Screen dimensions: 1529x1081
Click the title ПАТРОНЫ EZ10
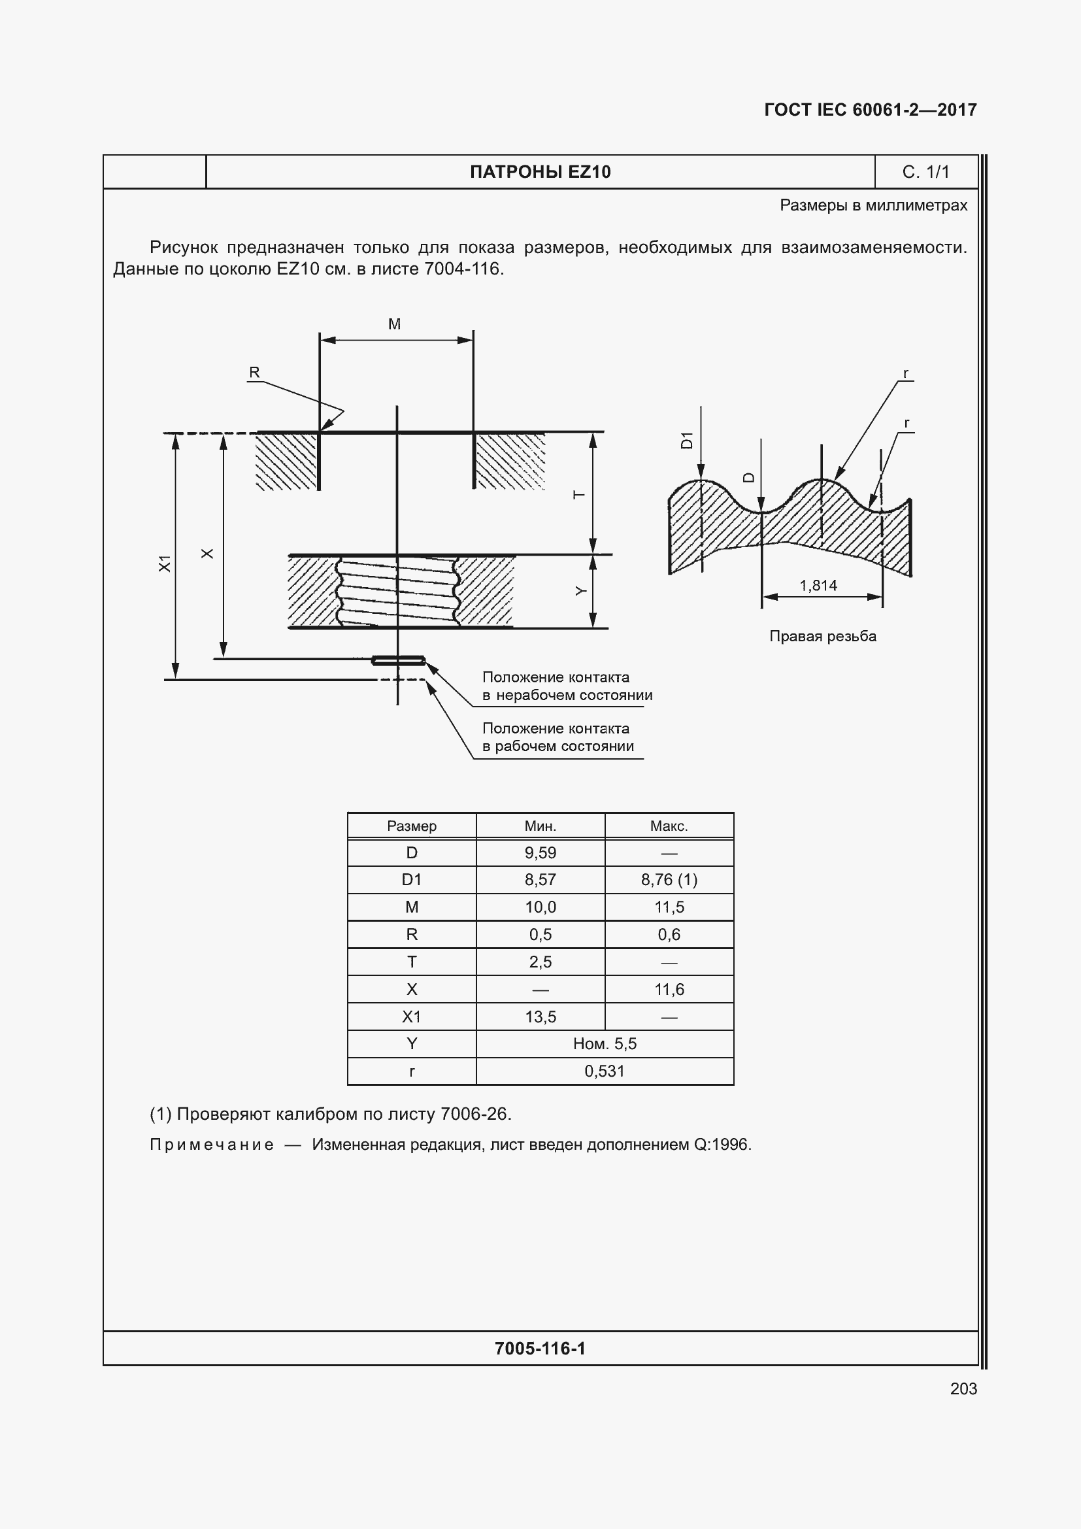(x=540, y=172)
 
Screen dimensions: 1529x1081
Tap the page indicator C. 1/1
(x=925, y=172)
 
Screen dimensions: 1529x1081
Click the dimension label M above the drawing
(x=394, y=324)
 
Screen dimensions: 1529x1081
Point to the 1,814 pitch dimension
(x=818, y=585)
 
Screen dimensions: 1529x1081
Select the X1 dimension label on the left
(x=165, y=563)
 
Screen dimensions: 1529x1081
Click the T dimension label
(x=579, y=495)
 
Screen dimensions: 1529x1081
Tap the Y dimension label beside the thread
(x=580, y=592)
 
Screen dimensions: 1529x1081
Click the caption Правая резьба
(x=822, y=636)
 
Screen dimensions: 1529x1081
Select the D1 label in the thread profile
(x=686, y=440)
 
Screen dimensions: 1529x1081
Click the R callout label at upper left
(x=254, y=372)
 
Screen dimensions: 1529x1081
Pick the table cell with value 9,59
(x=540, y=852)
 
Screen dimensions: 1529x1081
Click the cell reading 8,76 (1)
(x=669, y=880)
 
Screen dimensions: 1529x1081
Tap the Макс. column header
(x=669, y=826)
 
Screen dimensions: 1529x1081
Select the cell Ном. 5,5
(x=605, y=1043)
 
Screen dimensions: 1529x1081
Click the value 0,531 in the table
(x=605, y=1071)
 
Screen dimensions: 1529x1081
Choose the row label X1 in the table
(x=411, y=1017)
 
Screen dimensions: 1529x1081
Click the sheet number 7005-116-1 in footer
(x=540, y=1349)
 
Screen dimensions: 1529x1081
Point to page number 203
(x=963, y=1388)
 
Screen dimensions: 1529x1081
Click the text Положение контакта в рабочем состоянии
(x=557, y=737)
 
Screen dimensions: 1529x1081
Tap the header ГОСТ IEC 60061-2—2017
(x=870, y=110)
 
